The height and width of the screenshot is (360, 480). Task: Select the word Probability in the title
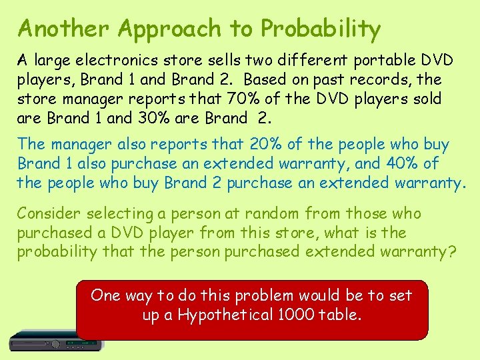(321, 28)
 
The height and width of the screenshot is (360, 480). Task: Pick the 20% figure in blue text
(267, 144)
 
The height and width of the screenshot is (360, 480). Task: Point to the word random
(273, 213)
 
